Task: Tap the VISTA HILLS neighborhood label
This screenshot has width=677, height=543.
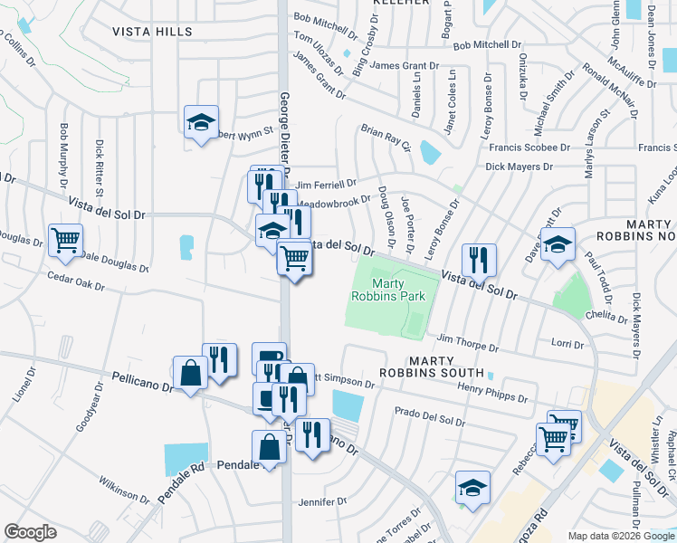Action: pos(152,32)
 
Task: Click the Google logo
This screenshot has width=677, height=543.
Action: pos(30,532)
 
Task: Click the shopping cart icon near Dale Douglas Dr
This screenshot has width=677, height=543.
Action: pos(66,240)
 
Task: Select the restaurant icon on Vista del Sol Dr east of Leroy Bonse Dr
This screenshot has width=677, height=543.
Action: pos(479,260)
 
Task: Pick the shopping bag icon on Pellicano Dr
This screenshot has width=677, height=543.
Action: pos(190,372)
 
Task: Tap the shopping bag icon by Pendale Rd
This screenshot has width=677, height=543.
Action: pos(270,446)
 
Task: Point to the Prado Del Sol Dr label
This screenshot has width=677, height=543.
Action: pos(429,417)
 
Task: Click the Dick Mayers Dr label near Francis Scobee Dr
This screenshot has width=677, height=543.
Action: pos(519,167)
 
